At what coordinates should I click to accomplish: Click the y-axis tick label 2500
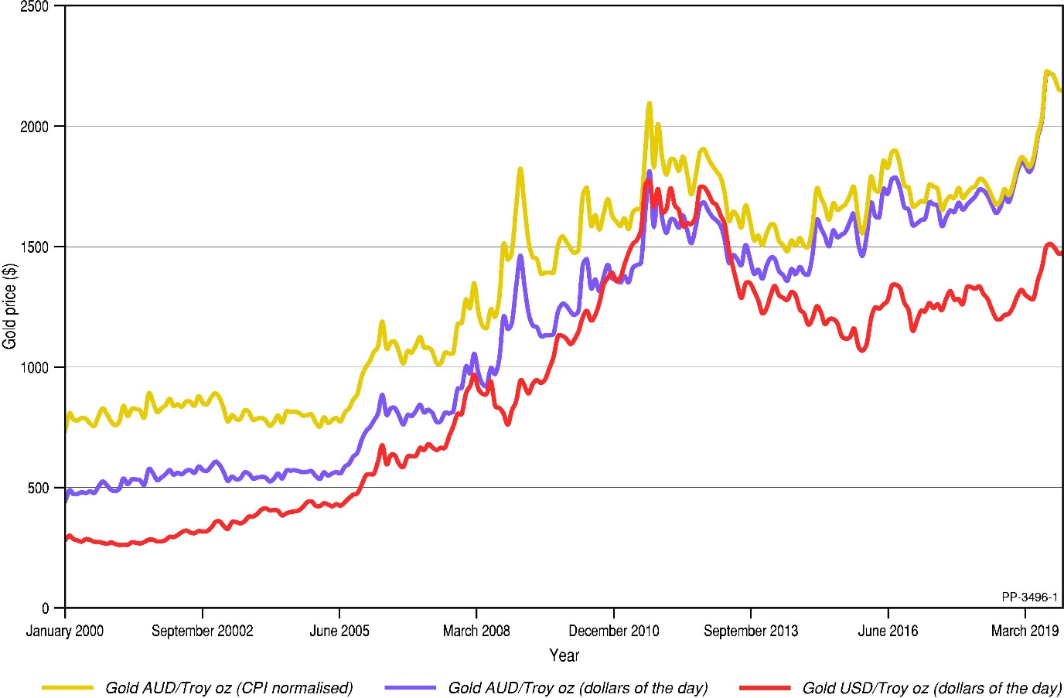pos(34,7)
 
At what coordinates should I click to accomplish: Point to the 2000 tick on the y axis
pos(34,127)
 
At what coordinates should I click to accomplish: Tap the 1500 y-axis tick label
pos(34,247)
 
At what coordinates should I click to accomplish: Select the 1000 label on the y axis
pos(34,368)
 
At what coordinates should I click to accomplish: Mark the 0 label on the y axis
pos(46,609)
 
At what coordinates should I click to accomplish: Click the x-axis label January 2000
pos(64,631)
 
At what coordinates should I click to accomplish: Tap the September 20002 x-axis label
pos(202,631)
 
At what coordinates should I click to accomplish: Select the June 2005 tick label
pos(339,631)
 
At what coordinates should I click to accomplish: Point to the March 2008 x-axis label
pos(476,631)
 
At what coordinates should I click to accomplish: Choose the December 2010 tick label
pos(614,631)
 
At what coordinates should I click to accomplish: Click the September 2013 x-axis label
pos(751,631)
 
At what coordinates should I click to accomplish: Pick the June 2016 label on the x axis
pos(888,631)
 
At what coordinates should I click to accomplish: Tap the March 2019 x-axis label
pos(1025,631)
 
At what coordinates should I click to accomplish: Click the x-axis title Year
pos(564,655)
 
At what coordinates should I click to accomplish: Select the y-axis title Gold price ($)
pos(10,306)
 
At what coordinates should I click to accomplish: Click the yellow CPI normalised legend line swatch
pos(67,687)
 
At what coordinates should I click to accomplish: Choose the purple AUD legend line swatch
pos(410,687)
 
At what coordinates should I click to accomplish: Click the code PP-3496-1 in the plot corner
pos(1029,597)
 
